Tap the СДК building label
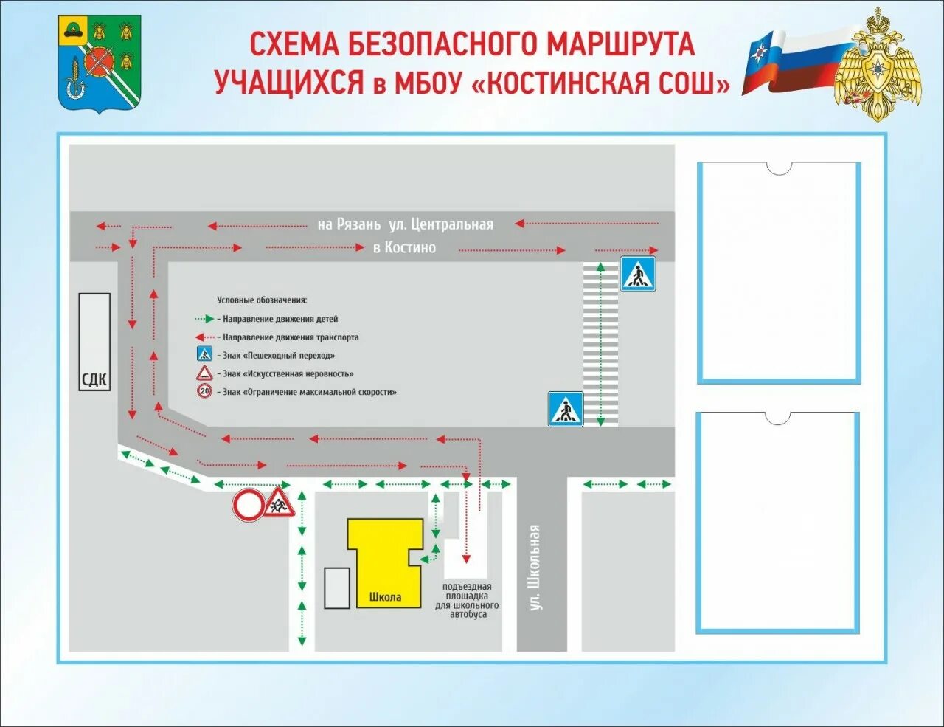coord(94,379)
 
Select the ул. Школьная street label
coord(535,567)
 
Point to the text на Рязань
coord(349,224)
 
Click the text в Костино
coord(404,248)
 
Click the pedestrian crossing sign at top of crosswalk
coord(637,274)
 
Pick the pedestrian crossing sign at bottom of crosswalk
coord(566,409)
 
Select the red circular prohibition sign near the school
coord(249,506)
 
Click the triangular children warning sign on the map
coord(280,504)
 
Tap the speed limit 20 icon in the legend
coord(204,392)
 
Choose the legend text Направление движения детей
coord(280,320)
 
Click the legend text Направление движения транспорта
coord(291,337)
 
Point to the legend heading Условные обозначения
coord(262,300)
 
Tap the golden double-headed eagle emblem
coord(878,66)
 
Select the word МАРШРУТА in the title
coord(620,44)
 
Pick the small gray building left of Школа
coord(337,588)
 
